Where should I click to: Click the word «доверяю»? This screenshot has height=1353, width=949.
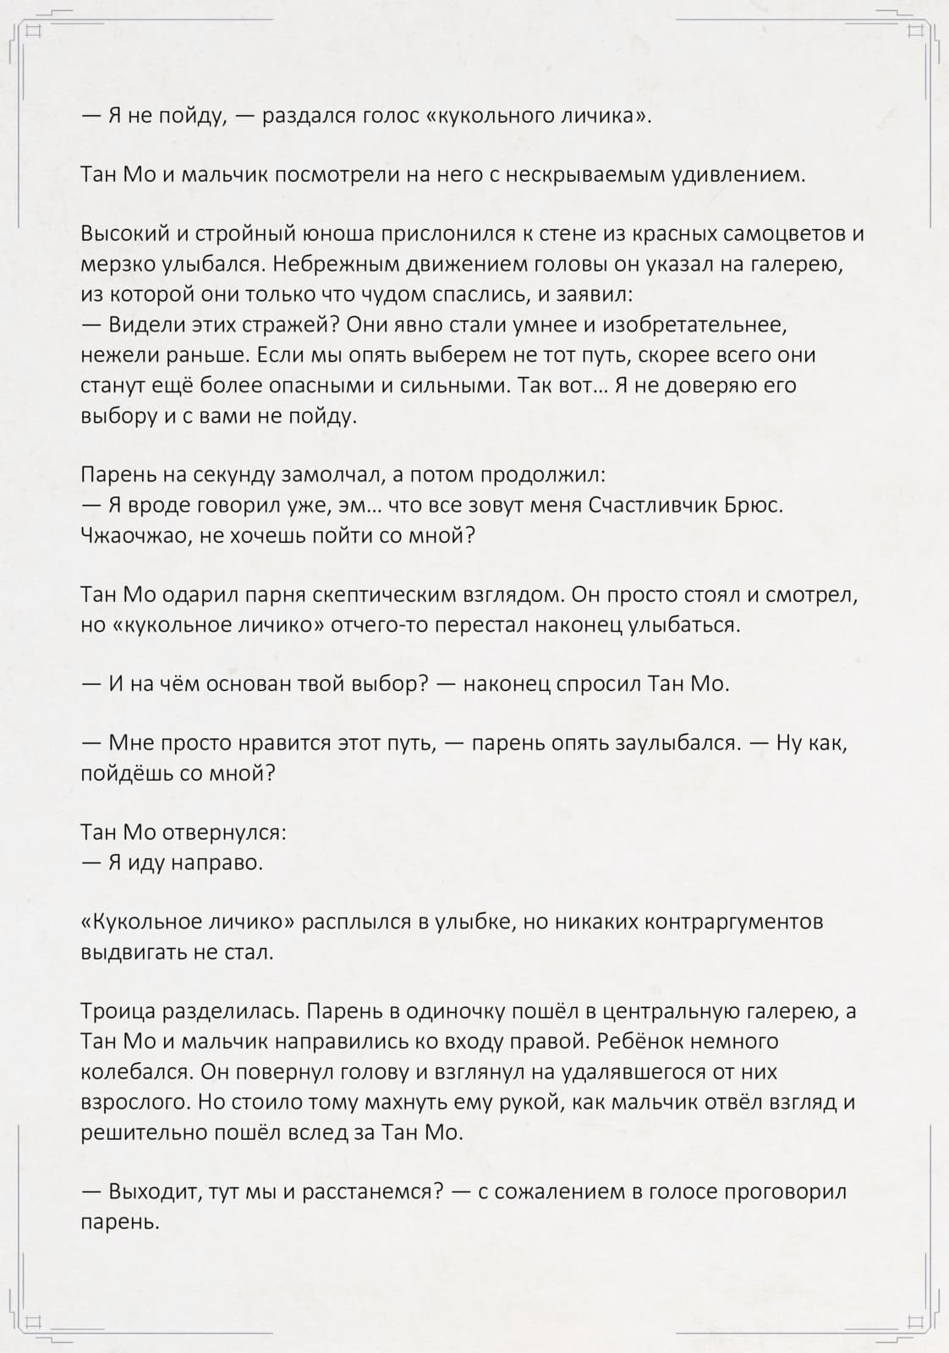tap(699, 386)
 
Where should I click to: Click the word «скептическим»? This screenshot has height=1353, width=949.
tap(386, 594)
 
